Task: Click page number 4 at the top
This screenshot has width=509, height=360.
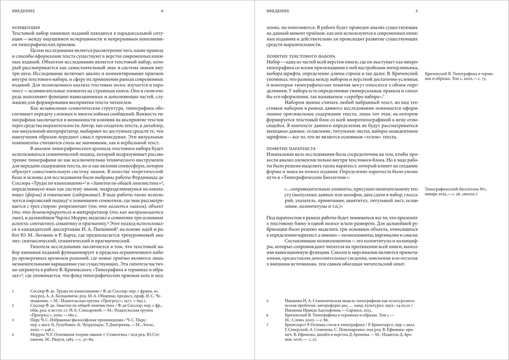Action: pyautogui.click(x=162, y=11)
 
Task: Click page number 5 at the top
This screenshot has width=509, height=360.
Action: pyautogui.click(x=416, y=11)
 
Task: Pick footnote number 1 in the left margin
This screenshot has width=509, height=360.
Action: pyautogui.click(x=13, y=293)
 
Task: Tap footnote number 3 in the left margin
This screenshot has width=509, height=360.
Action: pyautogui.click(x=13, y=320)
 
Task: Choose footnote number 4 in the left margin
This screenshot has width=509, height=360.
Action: pyautogui.click(x=13, y=334)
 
